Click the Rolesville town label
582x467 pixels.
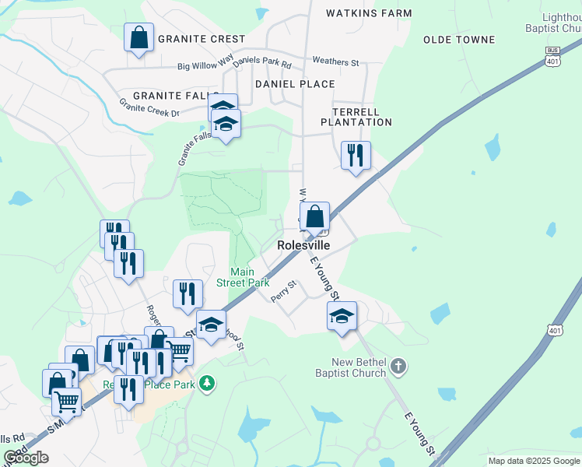304,245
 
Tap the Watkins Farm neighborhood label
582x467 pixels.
368,13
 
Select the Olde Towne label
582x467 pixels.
459,40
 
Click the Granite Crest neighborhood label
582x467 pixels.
202,39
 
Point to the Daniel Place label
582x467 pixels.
295,84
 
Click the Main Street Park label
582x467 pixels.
243,277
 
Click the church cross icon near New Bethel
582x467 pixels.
398,366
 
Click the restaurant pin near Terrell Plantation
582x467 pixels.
356,154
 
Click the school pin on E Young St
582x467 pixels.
341,316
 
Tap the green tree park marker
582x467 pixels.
206,383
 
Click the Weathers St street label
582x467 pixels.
335,61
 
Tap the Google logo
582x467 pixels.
26,458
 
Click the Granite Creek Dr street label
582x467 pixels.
149,107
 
